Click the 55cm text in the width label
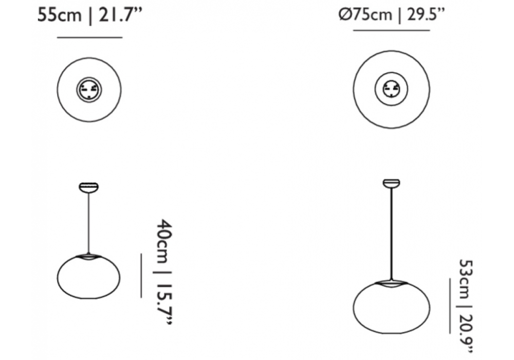[x=59, y=16]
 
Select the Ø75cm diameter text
[x=365, y=15]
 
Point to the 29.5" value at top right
[x=426, y=15]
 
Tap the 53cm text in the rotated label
[x=466, y=279]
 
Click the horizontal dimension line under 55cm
[x=89, y=38]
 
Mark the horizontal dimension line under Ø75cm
[x=391, y=30]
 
